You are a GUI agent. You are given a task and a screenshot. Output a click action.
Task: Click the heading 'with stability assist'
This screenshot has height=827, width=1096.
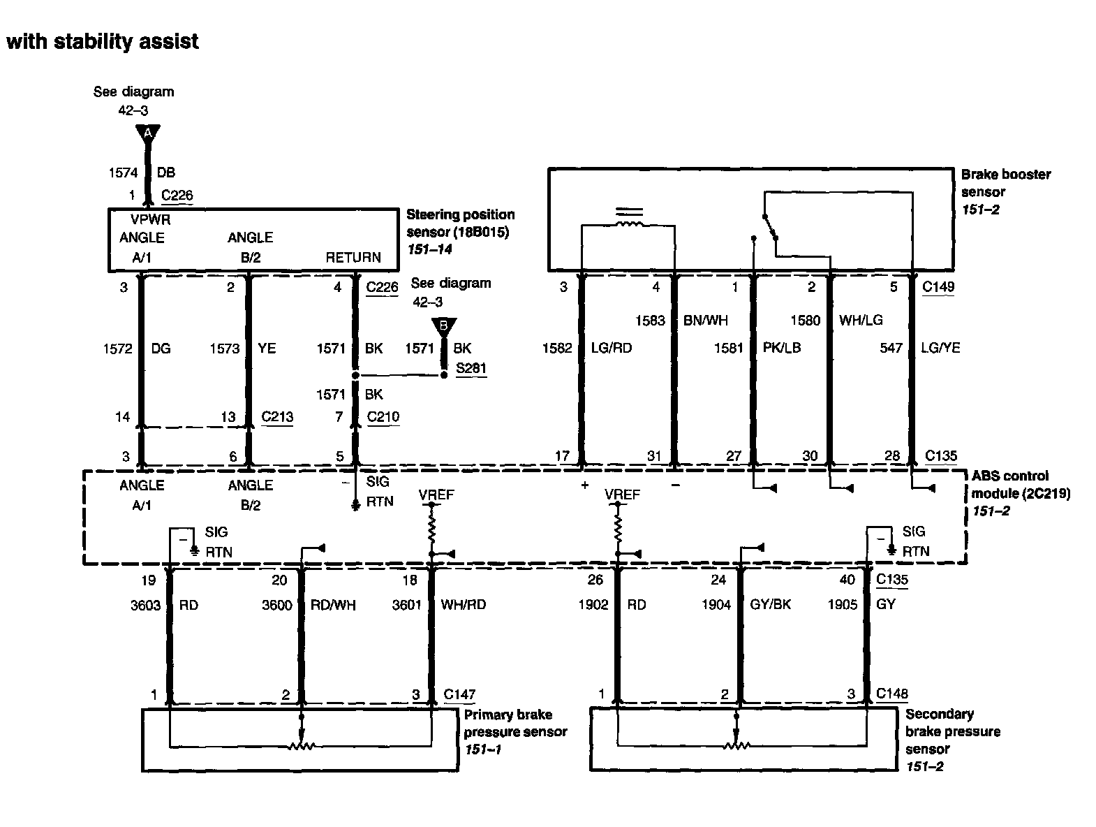coord(103,42)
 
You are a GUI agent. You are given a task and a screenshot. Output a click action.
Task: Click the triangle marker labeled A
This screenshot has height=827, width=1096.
coord(147,133)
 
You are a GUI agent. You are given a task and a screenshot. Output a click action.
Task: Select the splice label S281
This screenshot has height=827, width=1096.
coord(471,368)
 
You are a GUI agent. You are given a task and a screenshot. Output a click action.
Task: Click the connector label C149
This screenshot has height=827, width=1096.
coord(938,286)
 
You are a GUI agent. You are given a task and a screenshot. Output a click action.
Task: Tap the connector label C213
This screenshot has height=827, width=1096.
coord(277,417)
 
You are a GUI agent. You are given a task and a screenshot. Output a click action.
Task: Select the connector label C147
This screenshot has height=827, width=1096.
coord(459,694)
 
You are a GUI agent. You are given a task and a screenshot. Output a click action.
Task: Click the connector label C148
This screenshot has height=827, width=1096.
coord(892,694)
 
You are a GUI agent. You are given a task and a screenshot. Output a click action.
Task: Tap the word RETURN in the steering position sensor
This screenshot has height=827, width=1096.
coord(353,257)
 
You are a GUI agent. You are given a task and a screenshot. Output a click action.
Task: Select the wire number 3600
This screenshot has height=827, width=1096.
coord(276,605)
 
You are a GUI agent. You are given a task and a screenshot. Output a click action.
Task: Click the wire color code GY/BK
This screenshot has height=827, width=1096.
coord(770,604)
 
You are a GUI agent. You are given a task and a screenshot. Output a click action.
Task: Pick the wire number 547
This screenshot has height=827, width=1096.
coord(891,348)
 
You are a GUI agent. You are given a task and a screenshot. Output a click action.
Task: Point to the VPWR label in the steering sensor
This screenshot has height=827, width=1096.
coord(150,219)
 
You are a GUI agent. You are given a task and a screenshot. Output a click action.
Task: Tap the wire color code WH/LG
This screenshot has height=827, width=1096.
coord(861,320)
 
